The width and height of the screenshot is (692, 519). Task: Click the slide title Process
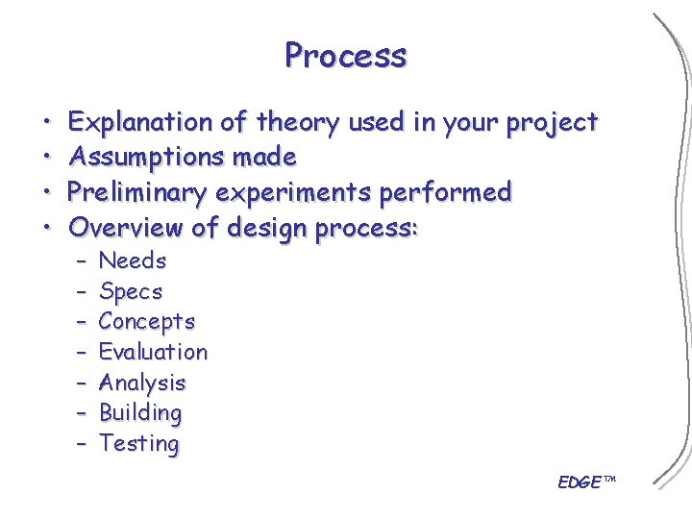click(x=345, y=56)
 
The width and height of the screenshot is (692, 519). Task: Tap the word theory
click(x=297, y=123)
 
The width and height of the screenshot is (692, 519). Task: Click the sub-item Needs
click(x=133, y=260)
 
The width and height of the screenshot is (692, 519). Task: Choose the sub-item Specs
click(x=131, y=291)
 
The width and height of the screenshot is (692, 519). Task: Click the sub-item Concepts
click(x=146, y=322)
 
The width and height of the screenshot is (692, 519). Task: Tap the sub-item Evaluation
click(x=153, y=352)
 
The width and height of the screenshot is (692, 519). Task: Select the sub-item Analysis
click(x=142, y=383)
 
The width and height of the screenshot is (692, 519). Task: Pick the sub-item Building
click(x=140, y=413)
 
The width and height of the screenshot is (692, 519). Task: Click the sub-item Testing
click(x=138, y=444)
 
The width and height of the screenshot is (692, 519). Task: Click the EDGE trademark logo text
click(x=584, y=482)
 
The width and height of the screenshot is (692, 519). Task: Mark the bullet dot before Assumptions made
click(x=47, y=158)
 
